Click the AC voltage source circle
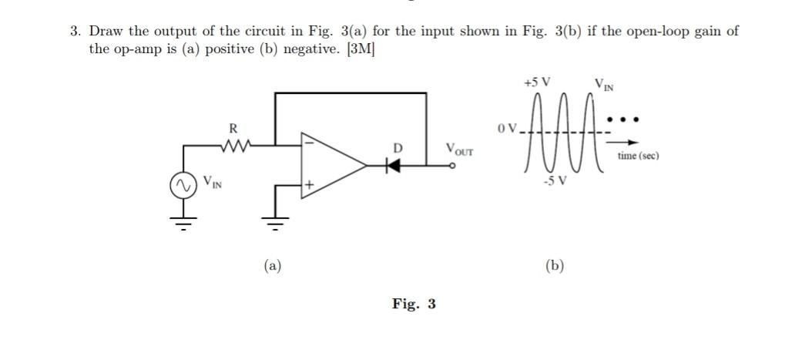pyautogui.click(x=183, y=186)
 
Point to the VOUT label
pyautogui.click(x=459, y=148)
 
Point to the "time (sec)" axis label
pyautogui.click(x=638, y=156)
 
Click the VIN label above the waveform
pyautogui.click(x=604, y=83)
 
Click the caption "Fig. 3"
pyautogui.click(x=413, y=304)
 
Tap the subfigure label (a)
pyautogui.click(x=271, y=266)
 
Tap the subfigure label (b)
pyautogui.click(x=554, y=266)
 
